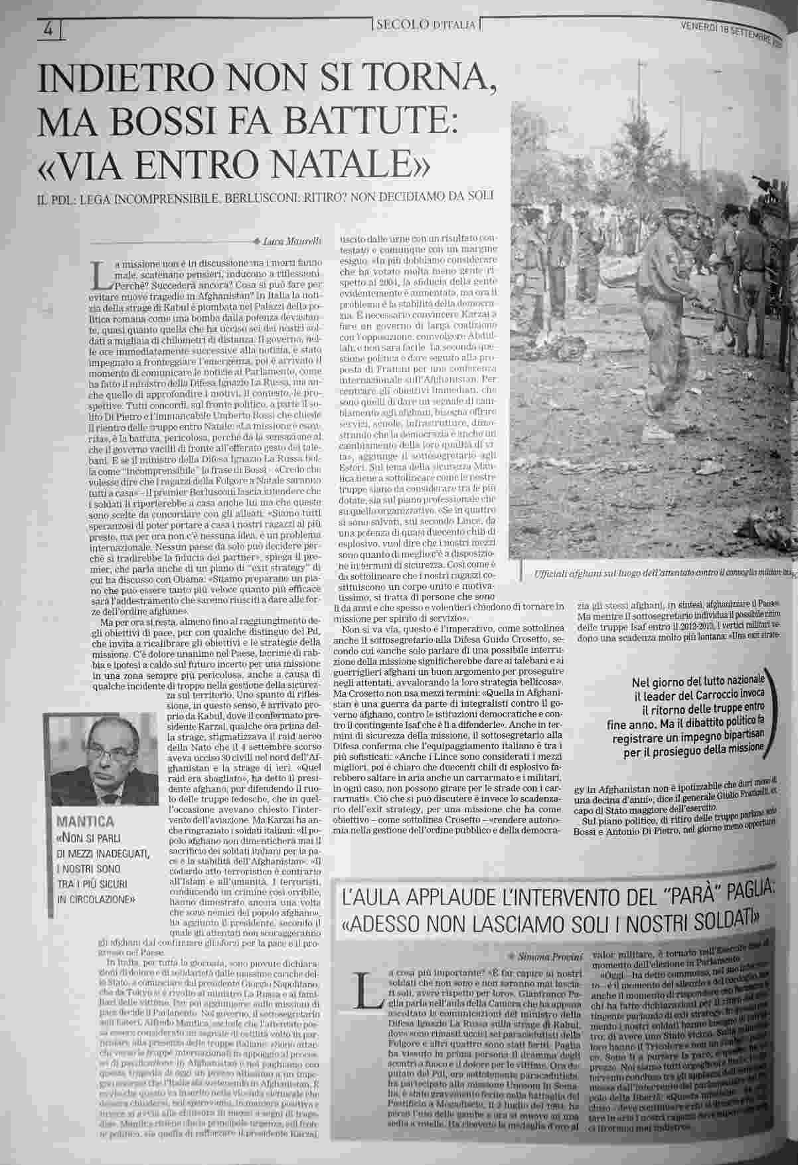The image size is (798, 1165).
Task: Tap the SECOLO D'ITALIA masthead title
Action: pos(426,25)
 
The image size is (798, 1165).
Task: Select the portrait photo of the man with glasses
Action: pos(101,760)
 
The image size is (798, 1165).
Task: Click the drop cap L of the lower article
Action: pos(364,986)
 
